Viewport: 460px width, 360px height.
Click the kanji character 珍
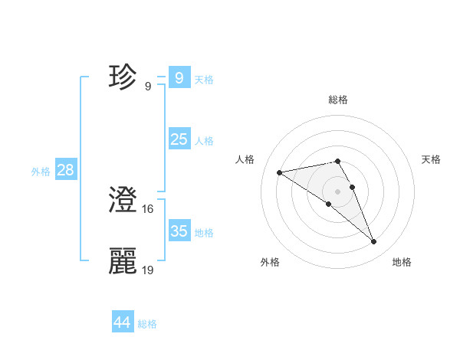(123, 78)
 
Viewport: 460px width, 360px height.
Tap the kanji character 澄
(123, 201)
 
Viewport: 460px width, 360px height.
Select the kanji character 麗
(123, 261)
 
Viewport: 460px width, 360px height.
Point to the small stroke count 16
(149, 208)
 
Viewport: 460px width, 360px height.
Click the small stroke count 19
(149, 270)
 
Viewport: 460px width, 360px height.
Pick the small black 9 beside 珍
(148, 86)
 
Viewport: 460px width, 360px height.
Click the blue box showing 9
(179, 78)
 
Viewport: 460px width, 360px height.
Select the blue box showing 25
(179, 139)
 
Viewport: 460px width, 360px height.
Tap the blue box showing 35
(179, 231)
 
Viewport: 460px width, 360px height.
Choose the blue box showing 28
(65, 170)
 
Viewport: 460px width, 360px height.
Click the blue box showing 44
(122, 322)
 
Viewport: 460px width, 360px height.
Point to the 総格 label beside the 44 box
(147, 324)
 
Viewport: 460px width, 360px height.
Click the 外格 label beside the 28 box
(41, 172)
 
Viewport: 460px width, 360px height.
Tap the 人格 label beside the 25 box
(204, 141)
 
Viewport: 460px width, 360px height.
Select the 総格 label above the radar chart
(338, 100)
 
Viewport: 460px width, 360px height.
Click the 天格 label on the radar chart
(431, 159)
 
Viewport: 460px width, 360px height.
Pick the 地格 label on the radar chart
(402, 263)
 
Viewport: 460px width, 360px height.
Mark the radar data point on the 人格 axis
(280, 172)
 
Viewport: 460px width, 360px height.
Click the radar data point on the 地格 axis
(374, 242)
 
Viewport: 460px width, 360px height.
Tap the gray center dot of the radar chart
(338, 191)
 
